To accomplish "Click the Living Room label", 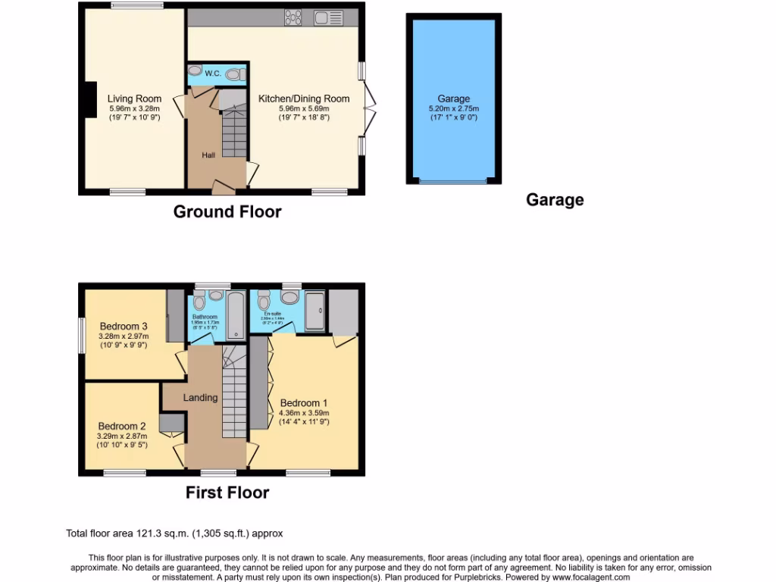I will point(134,99).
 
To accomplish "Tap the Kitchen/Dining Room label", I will point(304,99).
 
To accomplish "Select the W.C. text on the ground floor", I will point(212,74).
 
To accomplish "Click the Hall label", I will point(208,155).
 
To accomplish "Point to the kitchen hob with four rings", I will point(293,17).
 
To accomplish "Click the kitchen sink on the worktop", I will point(328,17).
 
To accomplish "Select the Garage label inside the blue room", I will point(453,99).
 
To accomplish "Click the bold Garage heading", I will point(555,200).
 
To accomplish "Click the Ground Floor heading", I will point(227,211).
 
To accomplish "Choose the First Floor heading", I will point(227,493).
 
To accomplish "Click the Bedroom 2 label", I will point(122,426).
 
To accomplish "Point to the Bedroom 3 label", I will point(123,327).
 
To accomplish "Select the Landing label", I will point(200,397).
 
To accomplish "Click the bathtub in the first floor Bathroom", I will point(235,315).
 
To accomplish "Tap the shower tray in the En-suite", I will point(314,311).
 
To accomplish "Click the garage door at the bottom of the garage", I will point(453,182).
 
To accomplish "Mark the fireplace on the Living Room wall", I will point(90,99).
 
